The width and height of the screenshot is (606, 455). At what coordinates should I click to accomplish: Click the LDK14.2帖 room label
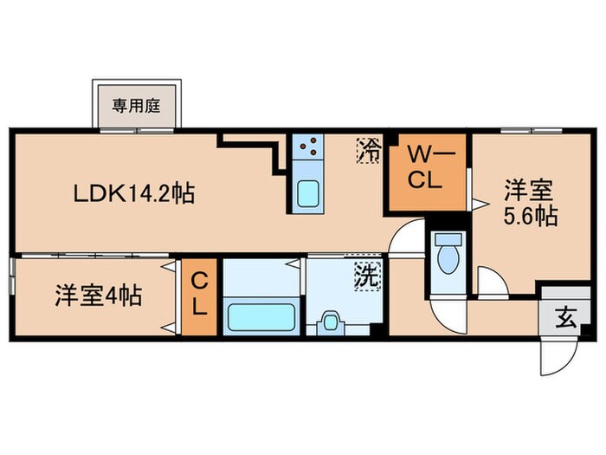[x=132, y=192]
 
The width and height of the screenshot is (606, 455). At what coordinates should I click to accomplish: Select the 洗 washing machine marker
[x=368, y=278]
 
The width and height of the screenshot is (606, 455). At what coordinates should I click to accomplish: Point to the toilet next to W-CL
[x=448, y=255]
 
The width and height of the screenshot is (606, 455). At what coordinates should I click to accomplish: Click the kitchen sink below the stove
[x=307, y=192]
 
